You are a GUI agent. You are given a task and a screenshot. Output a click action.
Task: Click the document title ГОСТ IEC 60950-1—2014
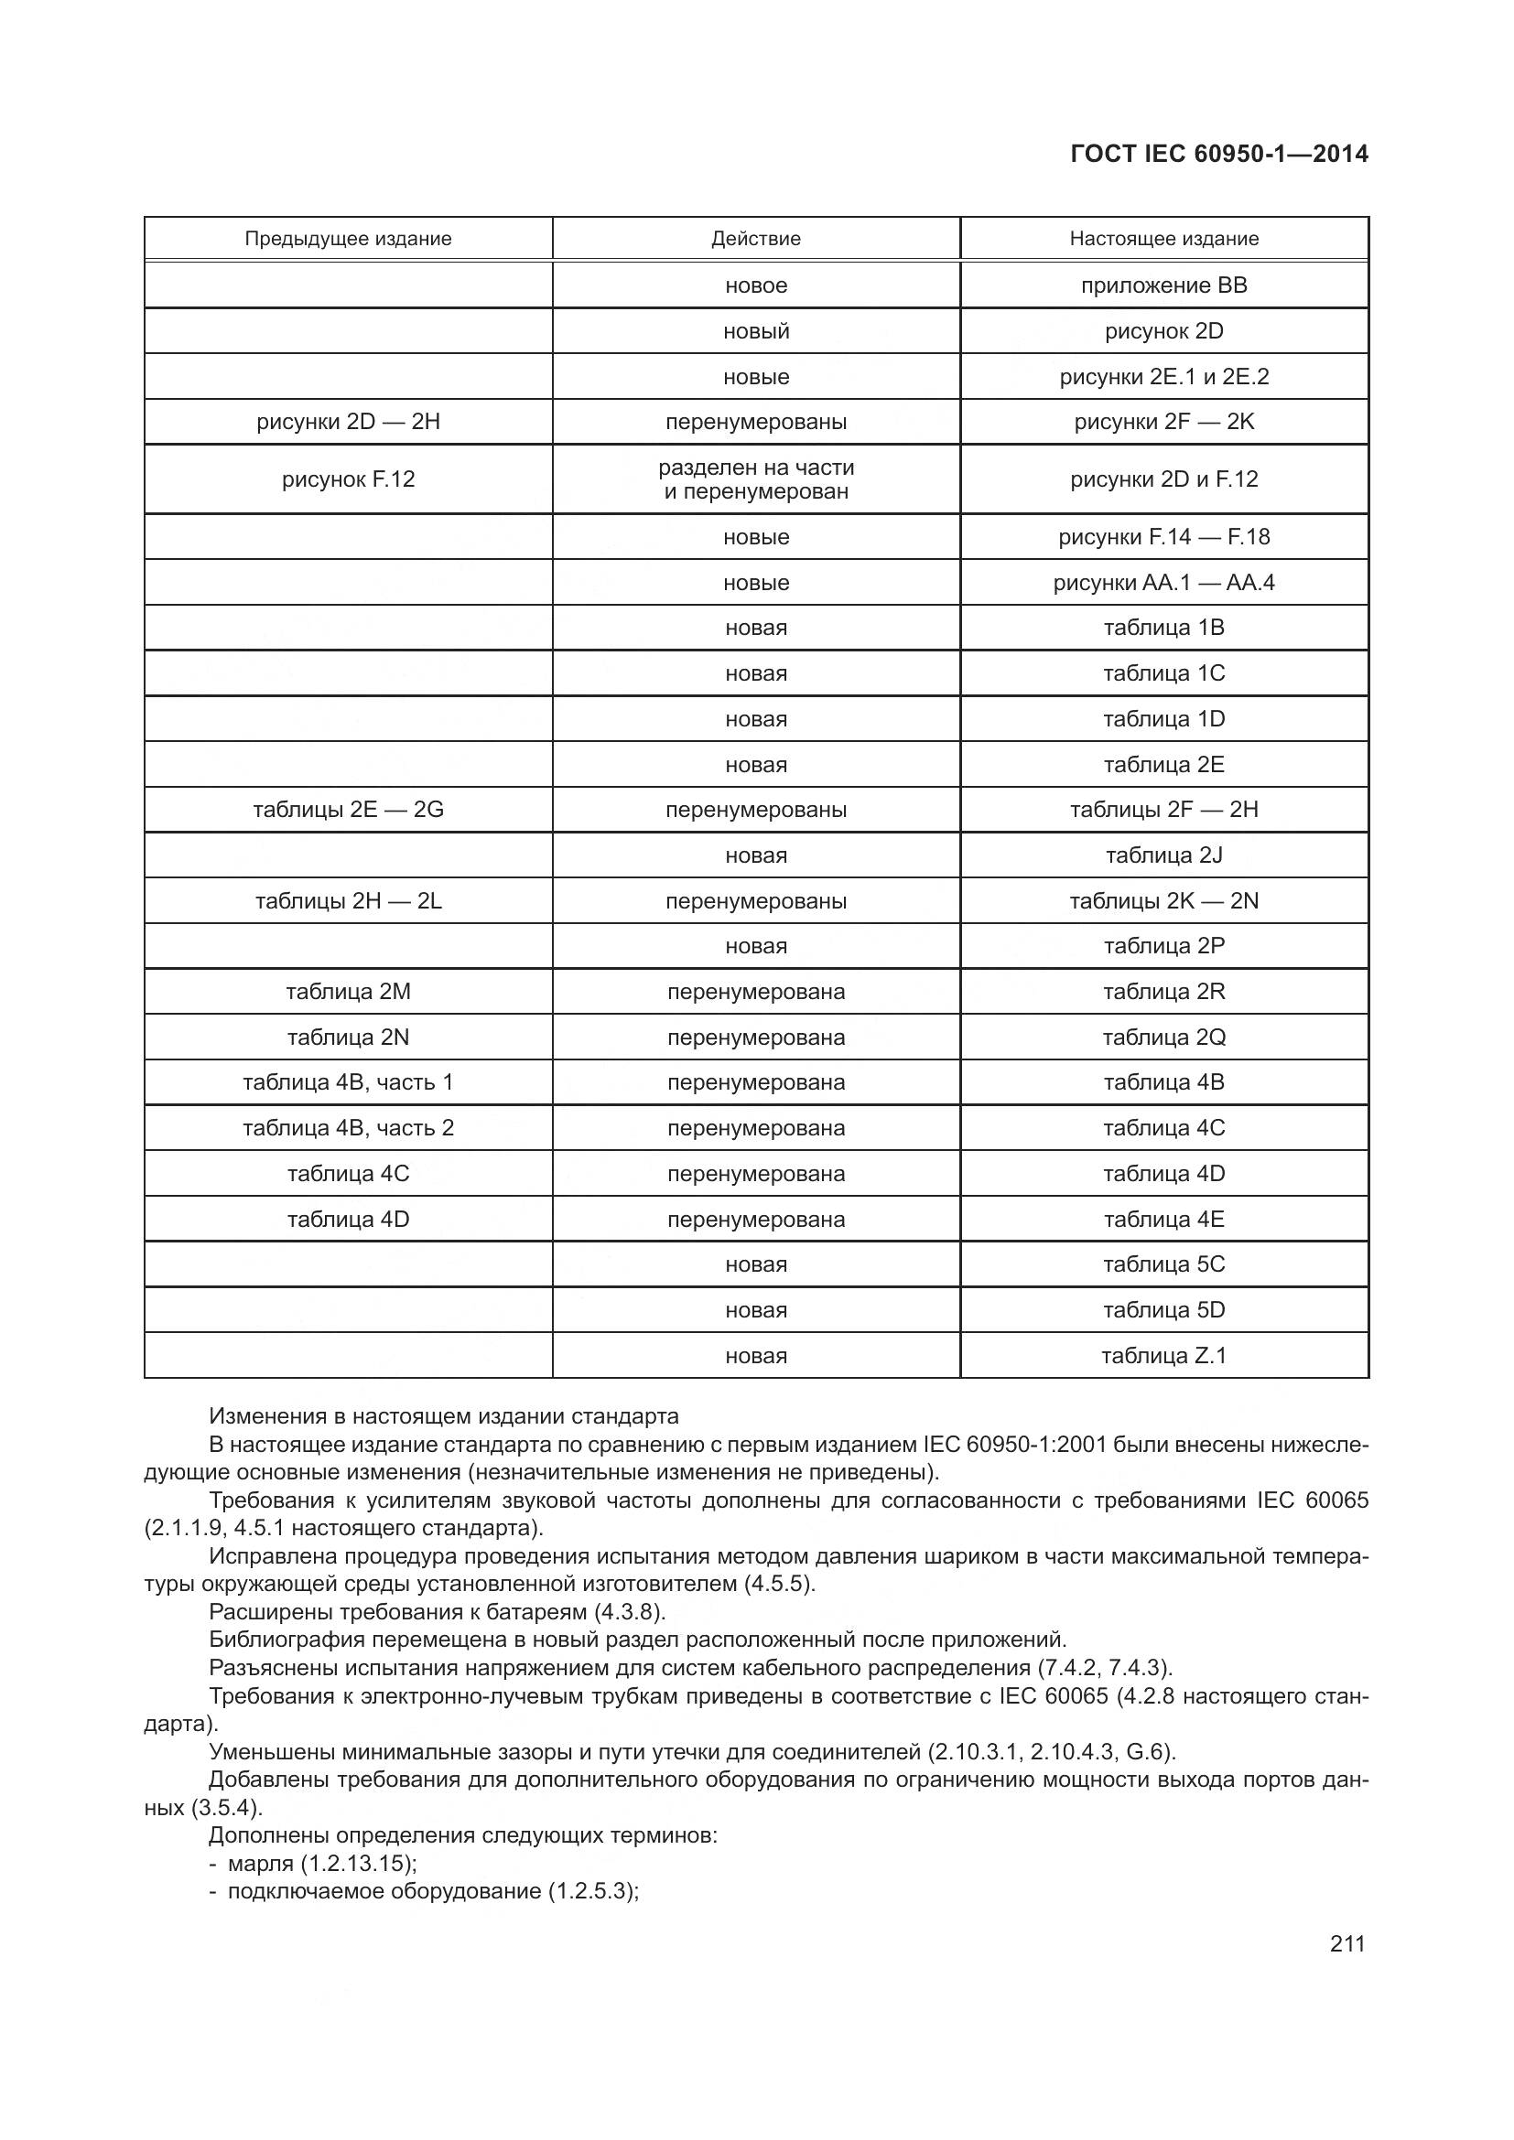(1218, 154)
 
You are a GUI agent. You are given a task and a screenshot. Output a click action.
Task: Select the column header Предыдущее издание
(348, 239)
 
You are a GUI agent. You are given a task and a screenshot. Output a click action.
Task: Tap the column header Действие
(755, 239)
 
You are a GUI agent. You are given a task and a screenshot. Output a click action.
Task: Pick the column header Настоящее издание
(1163, 239)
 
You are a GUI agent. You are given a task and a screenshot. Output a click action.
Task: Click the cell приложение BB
(1163, 285)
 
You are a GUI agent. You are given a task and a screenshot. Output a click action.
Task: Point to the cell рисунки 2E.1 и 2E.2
(1163, 377)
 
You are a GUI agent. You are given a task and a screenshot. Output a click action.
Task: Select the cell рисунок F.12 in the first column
(348, 479)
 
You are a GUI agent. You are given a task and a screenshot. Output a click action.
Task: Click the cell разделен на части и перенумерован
(755, 479)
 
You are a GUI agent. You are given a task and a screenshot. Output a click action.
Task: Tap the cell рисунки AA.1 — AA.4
(1163, 583)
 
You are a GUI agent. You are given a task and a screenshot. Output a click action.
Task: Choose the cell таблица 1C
(1163, 673)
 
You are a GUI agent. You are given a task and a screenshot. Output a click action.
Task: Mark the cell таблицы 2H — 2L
(348, 901)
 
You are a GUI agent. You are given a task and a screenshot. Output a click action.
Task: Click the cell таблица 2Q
(1163, 1038)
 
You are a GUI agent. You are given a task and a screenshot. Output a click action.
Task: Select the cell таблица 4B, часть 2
(348, 1128)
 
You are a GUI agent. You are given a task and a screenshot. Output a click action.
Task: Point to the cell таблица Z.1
(1163, 1355)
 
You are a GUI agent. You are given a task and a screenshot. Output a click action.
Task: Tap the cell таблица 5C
(1163, 1264)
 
